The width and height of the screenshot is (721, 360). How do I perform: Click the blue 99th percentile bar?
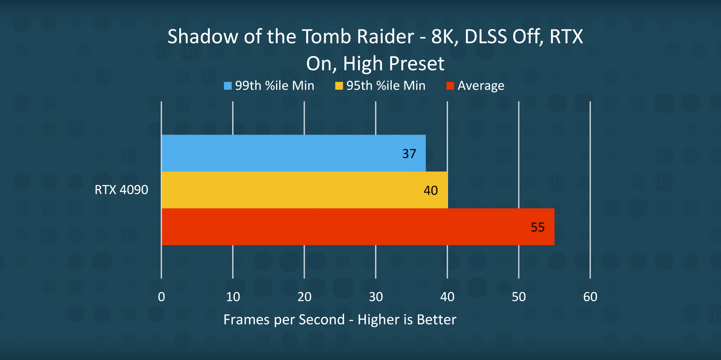point(293,153)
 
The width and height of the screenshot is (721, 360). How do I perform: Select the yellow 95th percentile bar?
point(304,190)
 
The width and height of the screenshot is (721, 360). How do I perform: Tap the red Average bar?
point(358,227)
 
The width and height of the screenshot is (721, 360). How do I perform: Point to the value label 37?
point(409,153)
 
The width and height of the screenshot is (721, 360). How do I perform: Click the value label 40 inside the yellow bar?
point(430,190)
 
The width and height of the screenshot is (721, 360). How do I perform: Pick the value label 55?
point(537,227)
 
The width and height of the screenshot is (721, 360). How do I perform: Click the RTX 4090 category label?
point(121,189)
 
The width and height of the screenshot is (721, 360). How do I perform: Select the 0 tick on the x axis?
point(161,297)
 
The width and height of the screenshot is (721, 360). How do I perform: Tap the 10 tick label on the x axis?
point(233,297)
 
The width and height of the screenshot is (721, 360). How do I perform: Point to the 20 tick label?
point(304,297)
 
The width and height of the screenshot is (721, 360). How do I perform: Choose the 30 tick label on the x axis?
point(376,297)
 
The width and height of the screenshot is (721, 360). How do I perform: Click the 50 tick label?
point(519,297)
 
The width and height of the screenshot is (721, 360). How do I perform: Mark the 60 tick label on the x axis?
point(590,297)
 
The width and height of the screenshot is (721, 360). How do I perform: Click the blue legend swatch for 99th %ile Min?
point(228,86)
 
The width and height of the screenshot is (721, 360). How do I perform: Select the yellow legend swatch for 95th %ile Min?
point(339,86)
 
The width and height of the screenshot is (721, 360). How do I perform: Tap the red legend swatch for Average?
point(450,86)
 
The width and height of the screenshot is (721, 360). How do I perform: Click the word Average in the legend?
point(481,86)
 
